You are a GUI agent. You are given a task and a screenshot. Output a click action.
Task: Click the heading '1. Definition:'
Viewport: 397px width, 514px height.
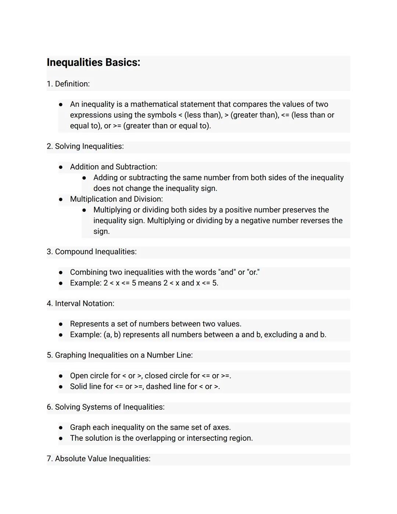[x=68, y=84]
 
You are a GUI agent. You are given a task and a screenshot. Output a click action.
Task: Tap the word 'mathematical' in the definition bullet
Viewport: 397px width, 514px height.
[x=154, y=104]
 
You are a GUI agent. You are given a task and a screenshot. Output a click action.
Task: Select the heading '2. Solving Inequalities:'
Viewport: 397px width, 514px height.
[x=85, y=146]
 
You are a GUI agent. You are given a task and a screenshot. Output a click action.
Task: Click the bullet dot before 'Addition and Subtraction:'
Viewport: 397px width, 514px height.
[x=61, y=167]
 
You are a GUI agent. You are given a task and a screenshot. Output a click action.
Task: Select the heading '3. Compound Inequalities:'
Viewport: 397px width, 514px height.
[x=92, y=252]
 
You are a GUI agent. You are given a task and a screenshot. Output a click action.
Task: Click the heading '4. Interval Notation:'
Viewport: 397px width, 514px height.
[x=81, y=304]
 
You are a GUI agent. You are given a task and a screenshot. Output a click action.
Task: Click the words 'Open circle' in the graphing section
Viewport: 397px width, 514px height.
[x=89, y=376]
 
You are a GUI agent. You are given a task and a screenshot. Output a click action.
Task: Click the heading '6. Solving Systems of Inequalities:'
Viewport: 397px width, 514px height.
[x=105, y=407]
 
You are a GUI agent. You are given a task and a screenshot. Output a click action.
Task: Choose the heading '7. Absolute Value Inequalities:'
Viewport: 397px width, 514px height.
[x=99, y=459]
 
